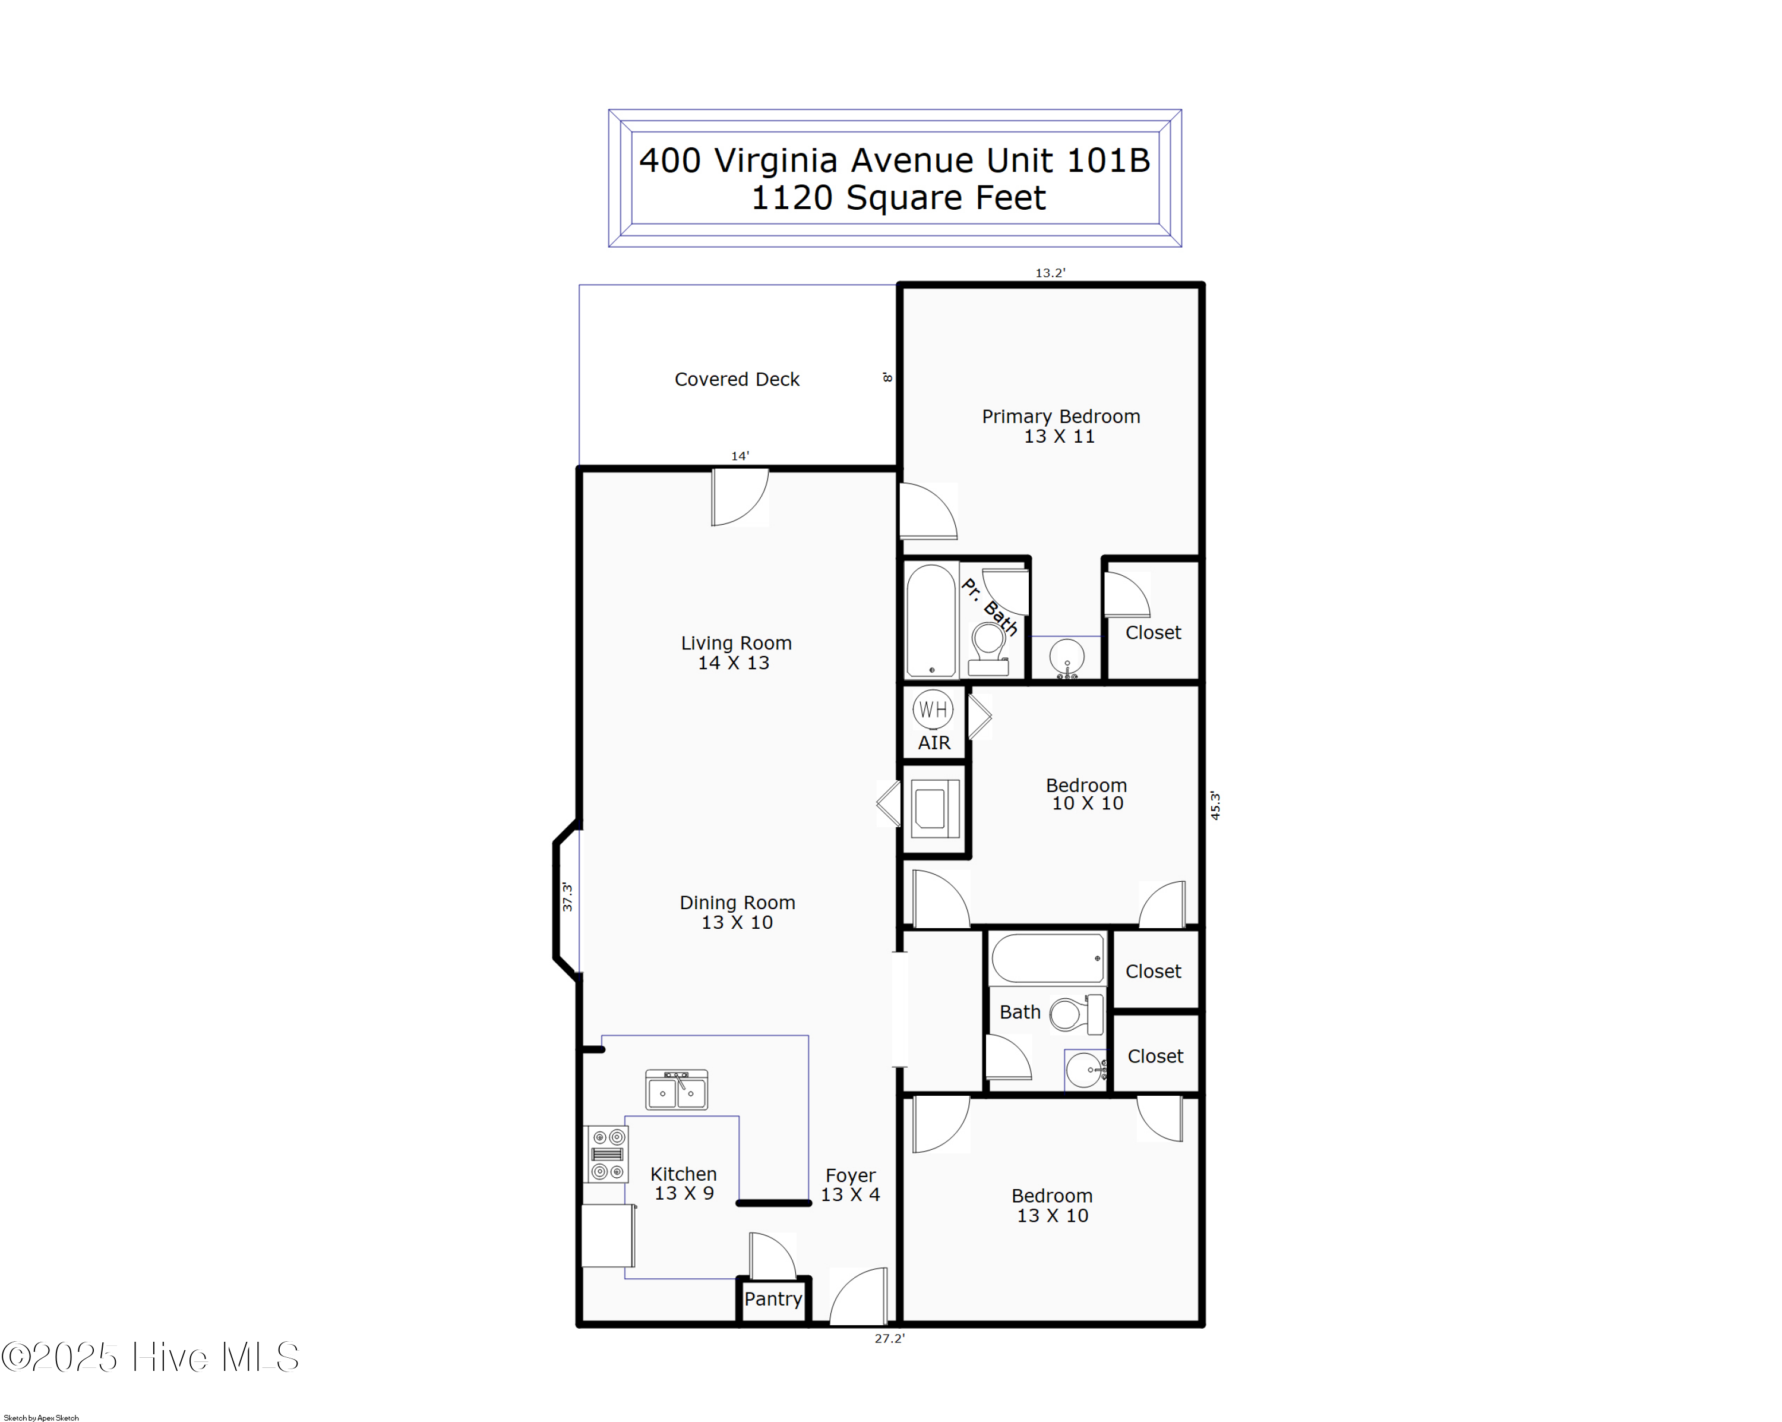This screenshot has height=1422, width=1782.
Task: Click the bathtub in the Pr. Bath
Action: [x=931, y=620]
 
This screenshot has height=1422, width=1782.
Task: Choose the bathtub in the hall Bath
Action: [x=1047, y=957]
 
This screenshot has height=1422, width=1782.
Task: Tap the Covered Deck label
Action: [x=737, y=380]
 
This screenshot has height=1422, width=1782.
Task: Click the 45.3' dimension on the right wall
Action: [x=1215, y=805]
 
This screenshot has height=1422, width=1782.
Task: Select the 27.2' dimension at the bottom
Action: [x=889, y=1338]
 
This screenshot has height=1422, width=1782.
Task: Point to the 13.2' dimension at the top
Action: [x=1050, y=273]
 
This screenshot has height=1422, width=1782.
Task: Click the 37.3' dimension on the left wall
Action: [x=567, y=897]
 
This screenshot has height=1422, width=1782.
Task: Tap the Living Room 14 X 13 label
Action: [x=735, y=652]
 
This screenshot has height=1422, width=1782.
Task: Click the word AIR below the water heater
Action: [x=934, y=742]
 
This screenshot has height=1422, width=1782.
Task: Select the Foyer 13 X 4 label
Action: [x=851, y=1185]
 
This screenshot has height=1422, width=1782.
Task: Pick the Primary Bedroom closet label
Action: [x=1153, y=632]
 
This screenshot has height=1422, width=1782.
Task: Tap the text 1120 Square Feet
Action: [x=898, y=198]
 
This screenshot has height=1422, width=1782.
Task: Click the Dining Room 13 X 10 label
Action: [x=737, y=912]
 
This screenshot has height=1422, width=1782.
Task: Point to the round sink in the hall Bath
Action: [x=1083, y=1070]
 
